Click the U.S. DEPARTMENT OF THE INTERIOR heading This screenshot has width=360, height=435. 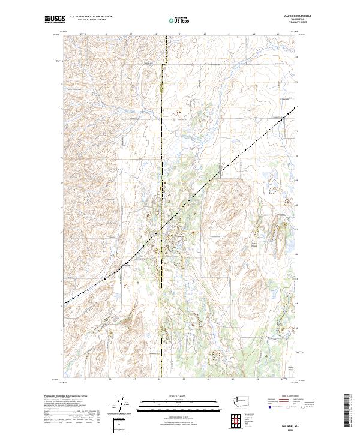pyautogui.click(x=91, y=16)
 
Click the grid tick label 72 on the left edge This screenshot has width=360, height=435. pyautogui.click(x=61, y=109)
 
